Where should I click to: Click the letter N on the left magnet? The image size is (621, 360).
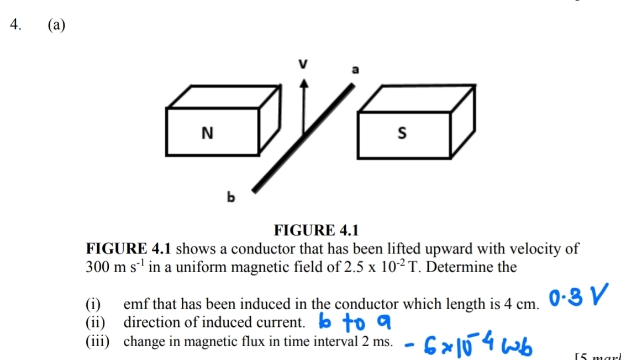[x=207, y=133]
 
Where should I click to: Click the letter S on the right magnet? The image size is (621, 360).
[x=402, y=133]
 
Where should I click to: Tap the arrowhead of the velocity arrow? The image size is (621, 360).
[x=303, y=83]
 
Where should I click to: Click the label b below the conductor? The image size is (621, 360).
[x=231, y=197]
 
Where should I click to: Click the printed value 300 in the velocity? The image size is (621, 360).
[x=98, y=267]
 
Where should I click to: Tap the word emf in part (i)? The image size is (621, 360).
[x=136, y=304]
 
